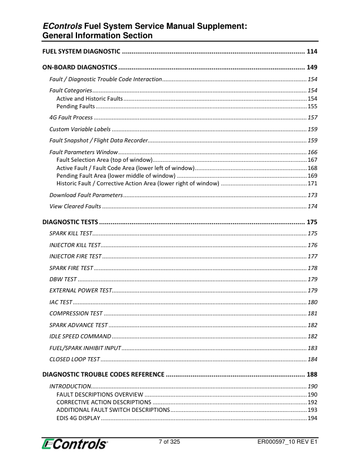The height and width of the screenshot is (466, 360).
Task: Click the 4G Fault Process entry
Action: (x=71, y=118)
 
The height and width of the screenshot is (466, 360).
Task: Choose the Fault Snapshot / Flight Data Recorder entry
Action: (x=98, y=140)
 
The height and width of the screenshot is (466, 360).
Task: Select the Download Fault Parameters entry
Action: (x=86, y=195)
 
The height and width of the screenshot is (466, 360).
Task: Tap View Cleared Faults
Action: (x=75, y=206)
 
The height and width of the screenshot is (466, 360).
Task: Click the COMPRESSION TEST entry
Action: (x=76, y=313)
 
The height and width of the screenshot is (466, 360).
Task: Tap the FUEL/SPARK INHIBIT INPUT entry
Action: (x=85, y=348)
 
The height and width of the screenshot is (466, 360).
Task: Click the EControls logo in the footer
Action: (x=75, y=444)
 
